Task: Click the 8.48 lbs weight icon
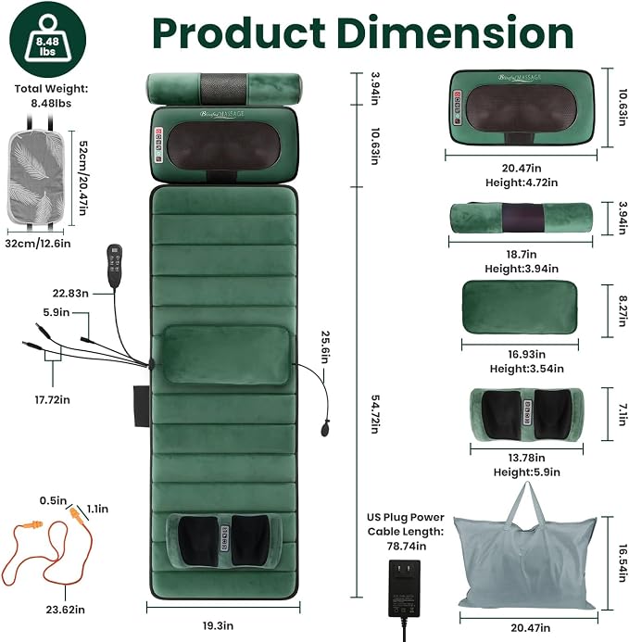pyautogui.click(x=48, y=40)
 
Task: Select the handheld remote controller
pyautogui.click(x=115, y=265)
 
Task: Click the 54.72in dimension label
pyautogui.click(x=374, y=414)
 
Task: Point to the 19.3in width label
pyautogui.click(x=218, y=626)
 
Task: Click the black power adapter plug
pyautogui.click(x=404, y=589)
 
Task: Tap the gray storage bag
pyautogui.click(x=526, y=547)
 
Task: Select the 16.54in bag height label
pyautogui.click(x=623, y=563)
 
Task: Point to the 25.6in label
pyautogui.click(x=325, y=347)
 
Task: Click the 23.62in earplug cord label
pyautogui.click(x=66, y=610)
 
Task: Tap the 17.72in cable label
pyautogui.click(x=53, y=399)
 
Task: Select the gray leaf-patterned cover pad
pyautogui.click(x=36, y=176)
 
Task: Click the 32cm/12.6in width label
pyautogui.click(x=38, y=244)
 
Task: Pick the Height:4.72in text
pyautogui.click(x=522, y=183)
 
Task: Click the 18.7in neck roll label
pyautogui.click(x=522, y=254)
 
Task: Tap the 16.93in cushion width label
pyautogui.click(x=526, y=354)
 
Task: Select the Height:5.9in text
pyautogui.click(x=526, y=472)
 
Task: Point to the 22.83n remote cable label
pyautogui.click(x=70, y=294)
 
